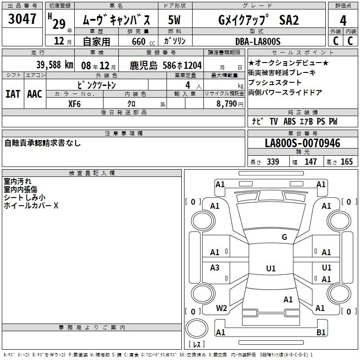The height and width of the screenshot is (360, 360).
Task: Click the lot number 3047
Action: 22,19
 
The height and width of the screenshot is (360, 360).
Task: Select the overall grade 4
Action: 343,20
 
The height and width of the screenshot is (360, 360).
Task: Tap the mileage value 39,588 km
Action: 54,65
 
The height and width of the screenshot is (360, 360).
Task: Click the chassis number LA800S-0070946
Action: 302,143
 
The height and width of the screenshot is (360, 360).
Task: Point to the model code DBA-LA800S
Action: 258,41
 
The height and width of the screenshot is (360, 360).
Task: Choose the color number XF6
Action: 74,104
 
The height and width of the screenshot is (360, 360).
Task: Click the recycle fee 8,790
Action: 227,104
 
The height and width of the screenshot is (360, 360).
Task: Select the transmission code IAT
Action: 13,94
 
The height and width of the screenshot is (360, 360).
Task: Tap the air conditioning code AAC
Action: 35,94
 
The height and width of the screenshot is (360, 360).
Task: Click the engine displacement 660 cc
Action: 143,41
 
